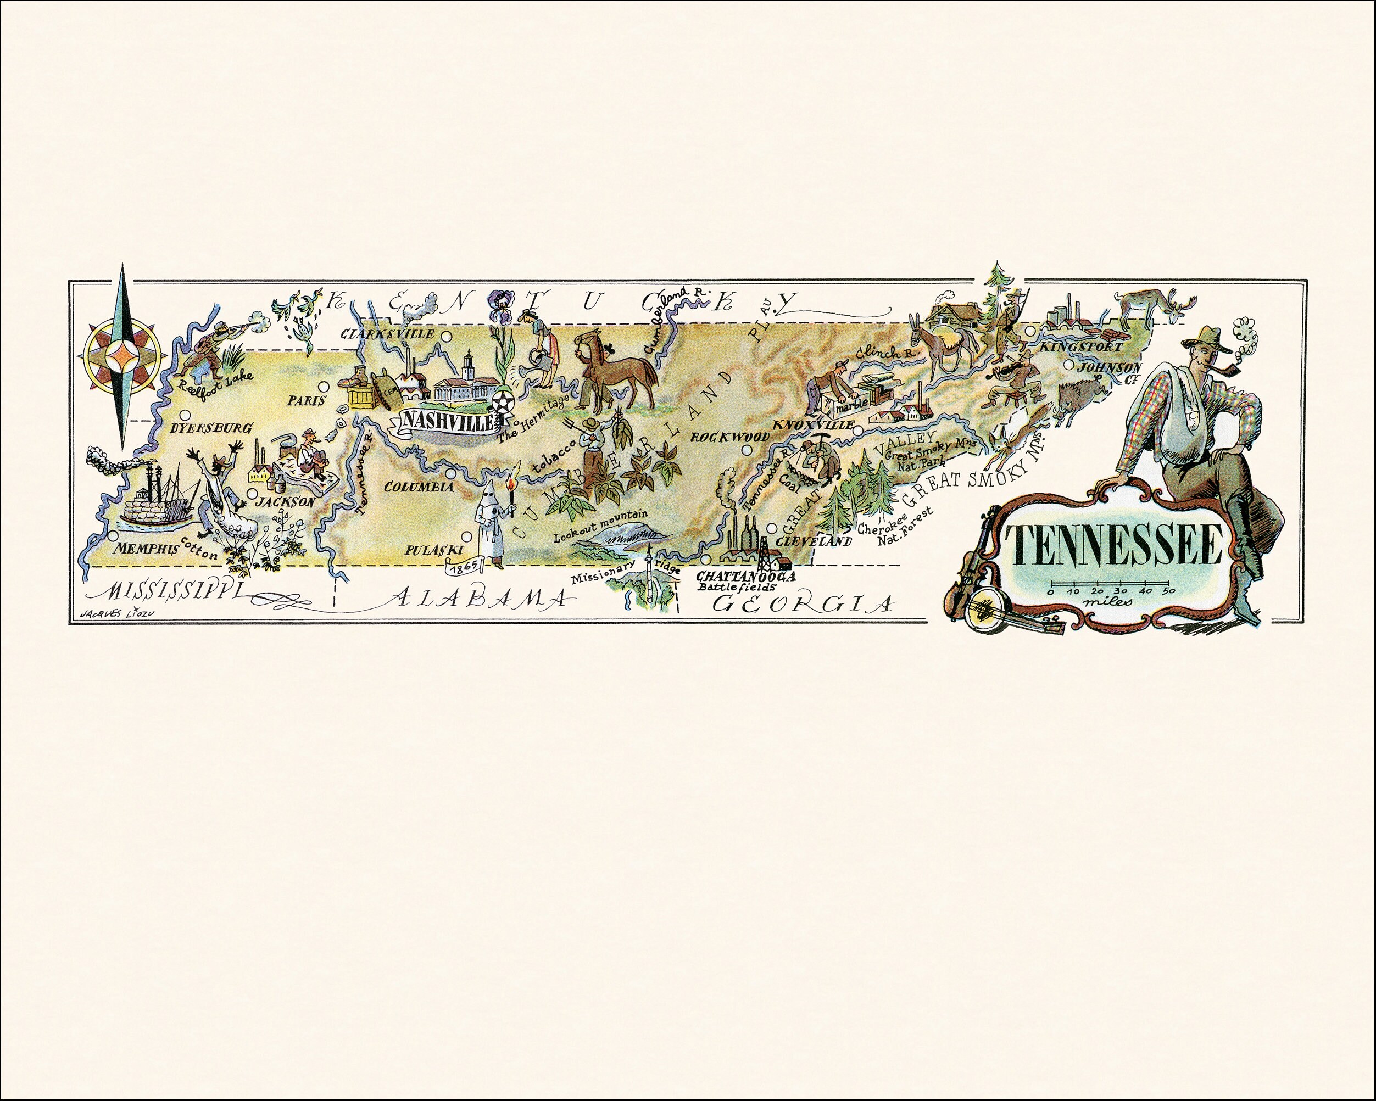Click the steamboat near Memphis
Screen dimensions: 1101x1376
pos(153,498)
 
